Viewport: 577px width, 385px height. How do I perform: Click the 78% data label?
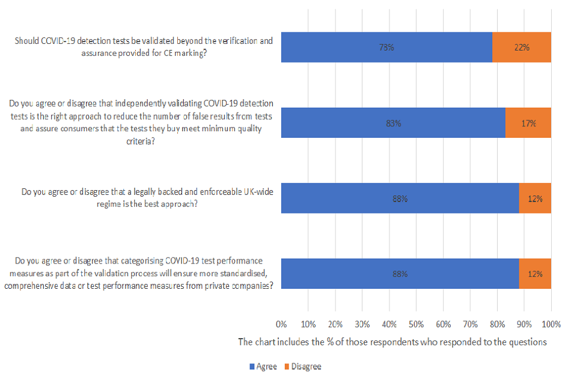coord(386,48)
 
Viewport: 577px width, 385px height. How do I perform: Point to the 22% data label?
coord(521,48)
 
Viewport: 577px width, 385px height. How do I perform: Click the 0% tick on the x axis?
coord(281,324)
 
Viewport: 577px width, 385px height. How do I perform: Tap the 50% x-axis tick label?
coord(416,324)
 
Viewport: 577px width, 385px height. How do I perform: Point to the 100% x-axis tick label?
coord(551,324)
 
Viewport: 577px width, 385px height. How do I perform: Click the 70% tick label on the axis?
coord(470,324)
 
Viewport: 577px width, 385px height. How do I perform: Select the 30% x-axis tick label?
coord(362,324)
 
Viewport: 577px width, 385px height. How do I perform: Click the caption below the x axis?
coord(392,342)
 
